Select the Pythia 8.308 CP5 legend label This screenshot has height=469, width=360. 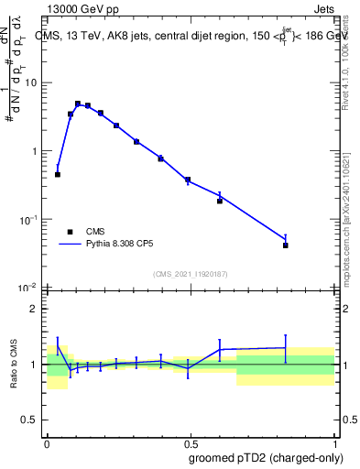pos(123,245)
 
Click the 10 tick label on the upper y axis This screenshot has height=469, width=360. pos(30,83)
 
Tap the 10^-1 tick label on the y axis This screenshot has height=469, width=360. pos(27,220)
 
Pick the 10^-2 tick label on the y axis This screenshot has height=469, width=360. pos(27,288)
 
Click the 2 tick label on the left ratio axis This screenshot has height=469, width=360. pos(34,309)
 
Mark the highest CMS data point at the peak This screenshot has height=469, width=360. pos(78,104)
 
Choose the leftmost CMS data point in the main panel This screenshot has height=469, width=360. pos(58,174)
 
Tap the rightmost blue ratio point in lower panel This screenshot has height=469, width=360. pos(286,348)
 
